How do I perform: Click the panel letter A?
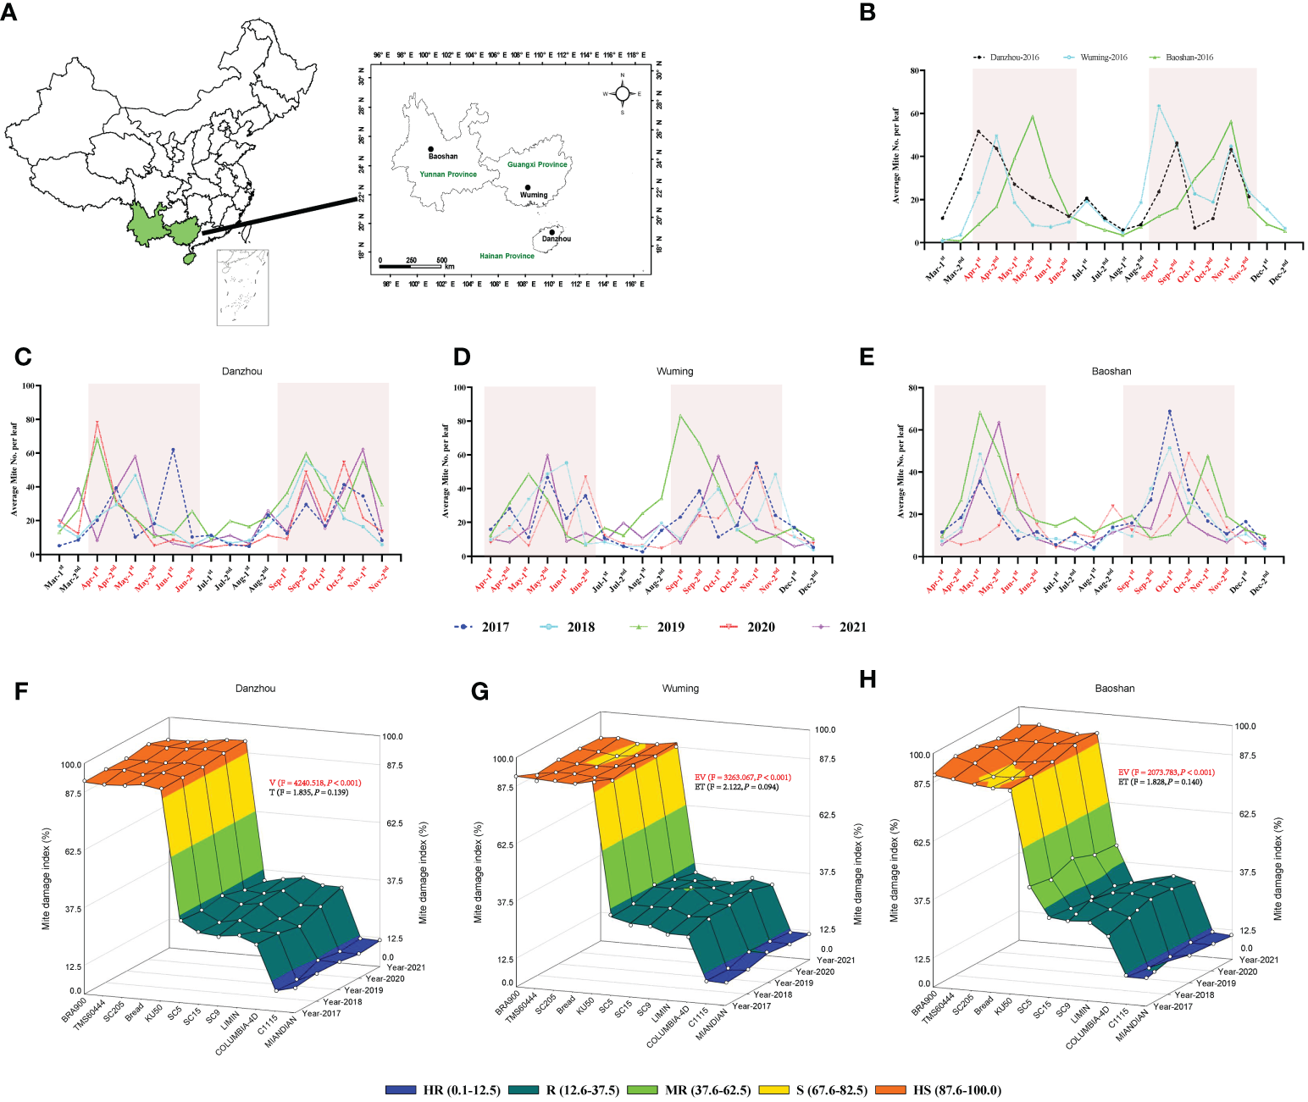coord(8,14)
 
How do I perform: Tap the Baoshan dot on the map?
coord(430,149)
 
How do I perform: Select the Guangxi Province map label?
coord(537,164)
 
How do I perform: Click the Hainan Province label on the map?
coord(507,256)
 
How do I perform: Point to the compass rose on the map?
coord(622,94)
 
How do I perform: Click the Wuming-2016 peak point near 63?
coord(1158,106)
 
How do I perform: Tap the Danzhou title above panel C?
coord(241,371)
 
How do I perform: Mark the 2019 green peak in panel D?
coord(679,415)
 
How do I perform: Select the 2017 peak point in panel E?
coord(1170,412)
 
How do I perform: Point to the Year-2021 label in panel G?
coord(835,960)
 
